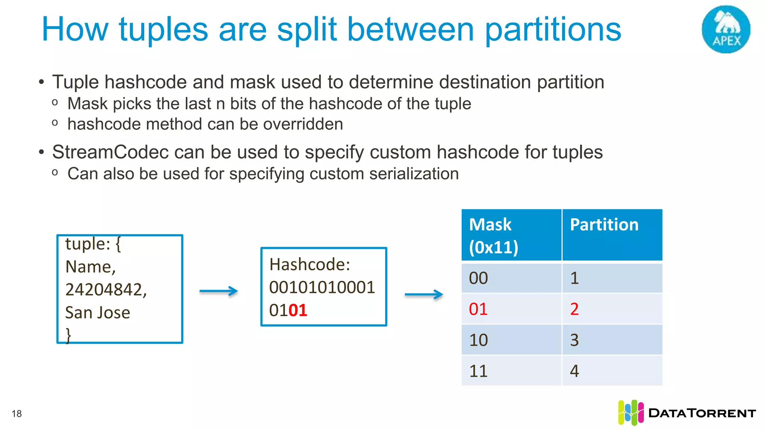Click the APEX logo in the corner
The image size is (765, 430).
click(x=726, y=29)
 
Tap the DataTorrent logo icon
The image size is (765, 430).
click(x=631, y=413)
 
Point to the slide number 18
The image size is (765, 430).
click(x=17, y=414)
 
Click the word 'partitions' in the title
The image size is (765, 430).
click(x=553, y=30)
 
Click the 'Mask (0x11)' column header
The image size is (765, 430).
click(x=511, y=235)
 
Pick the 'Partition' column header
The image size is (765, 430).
click(x=612, y=235)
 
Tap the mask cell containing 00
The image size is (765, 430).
click(x=511, y=278)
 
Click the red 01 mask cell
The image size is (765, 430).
click(x=511, y=309)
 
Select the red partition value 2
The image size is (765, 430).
click(x=612, y=309)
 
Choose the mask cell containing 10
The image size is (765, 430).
click(x=511, y=340)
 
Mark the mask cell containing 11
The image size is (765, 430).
click(x=511, y=371)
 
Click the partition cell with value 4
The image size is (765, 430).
click(x=612, y=371)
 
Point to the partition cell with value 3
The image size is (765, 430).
click(x=612, y=340)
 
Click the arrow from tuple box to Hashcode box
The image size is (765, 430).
click(x=219, y=291)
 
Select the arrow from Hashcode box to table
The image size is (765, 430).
click(x=424, y=295)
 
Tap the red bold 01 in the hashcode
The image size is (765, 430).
click(x=298, y=311)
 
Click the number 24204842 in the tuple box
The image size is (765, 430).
click(x=106, y=290)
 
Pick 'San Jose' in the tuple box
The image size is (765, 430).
click(x=97, y=313)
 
